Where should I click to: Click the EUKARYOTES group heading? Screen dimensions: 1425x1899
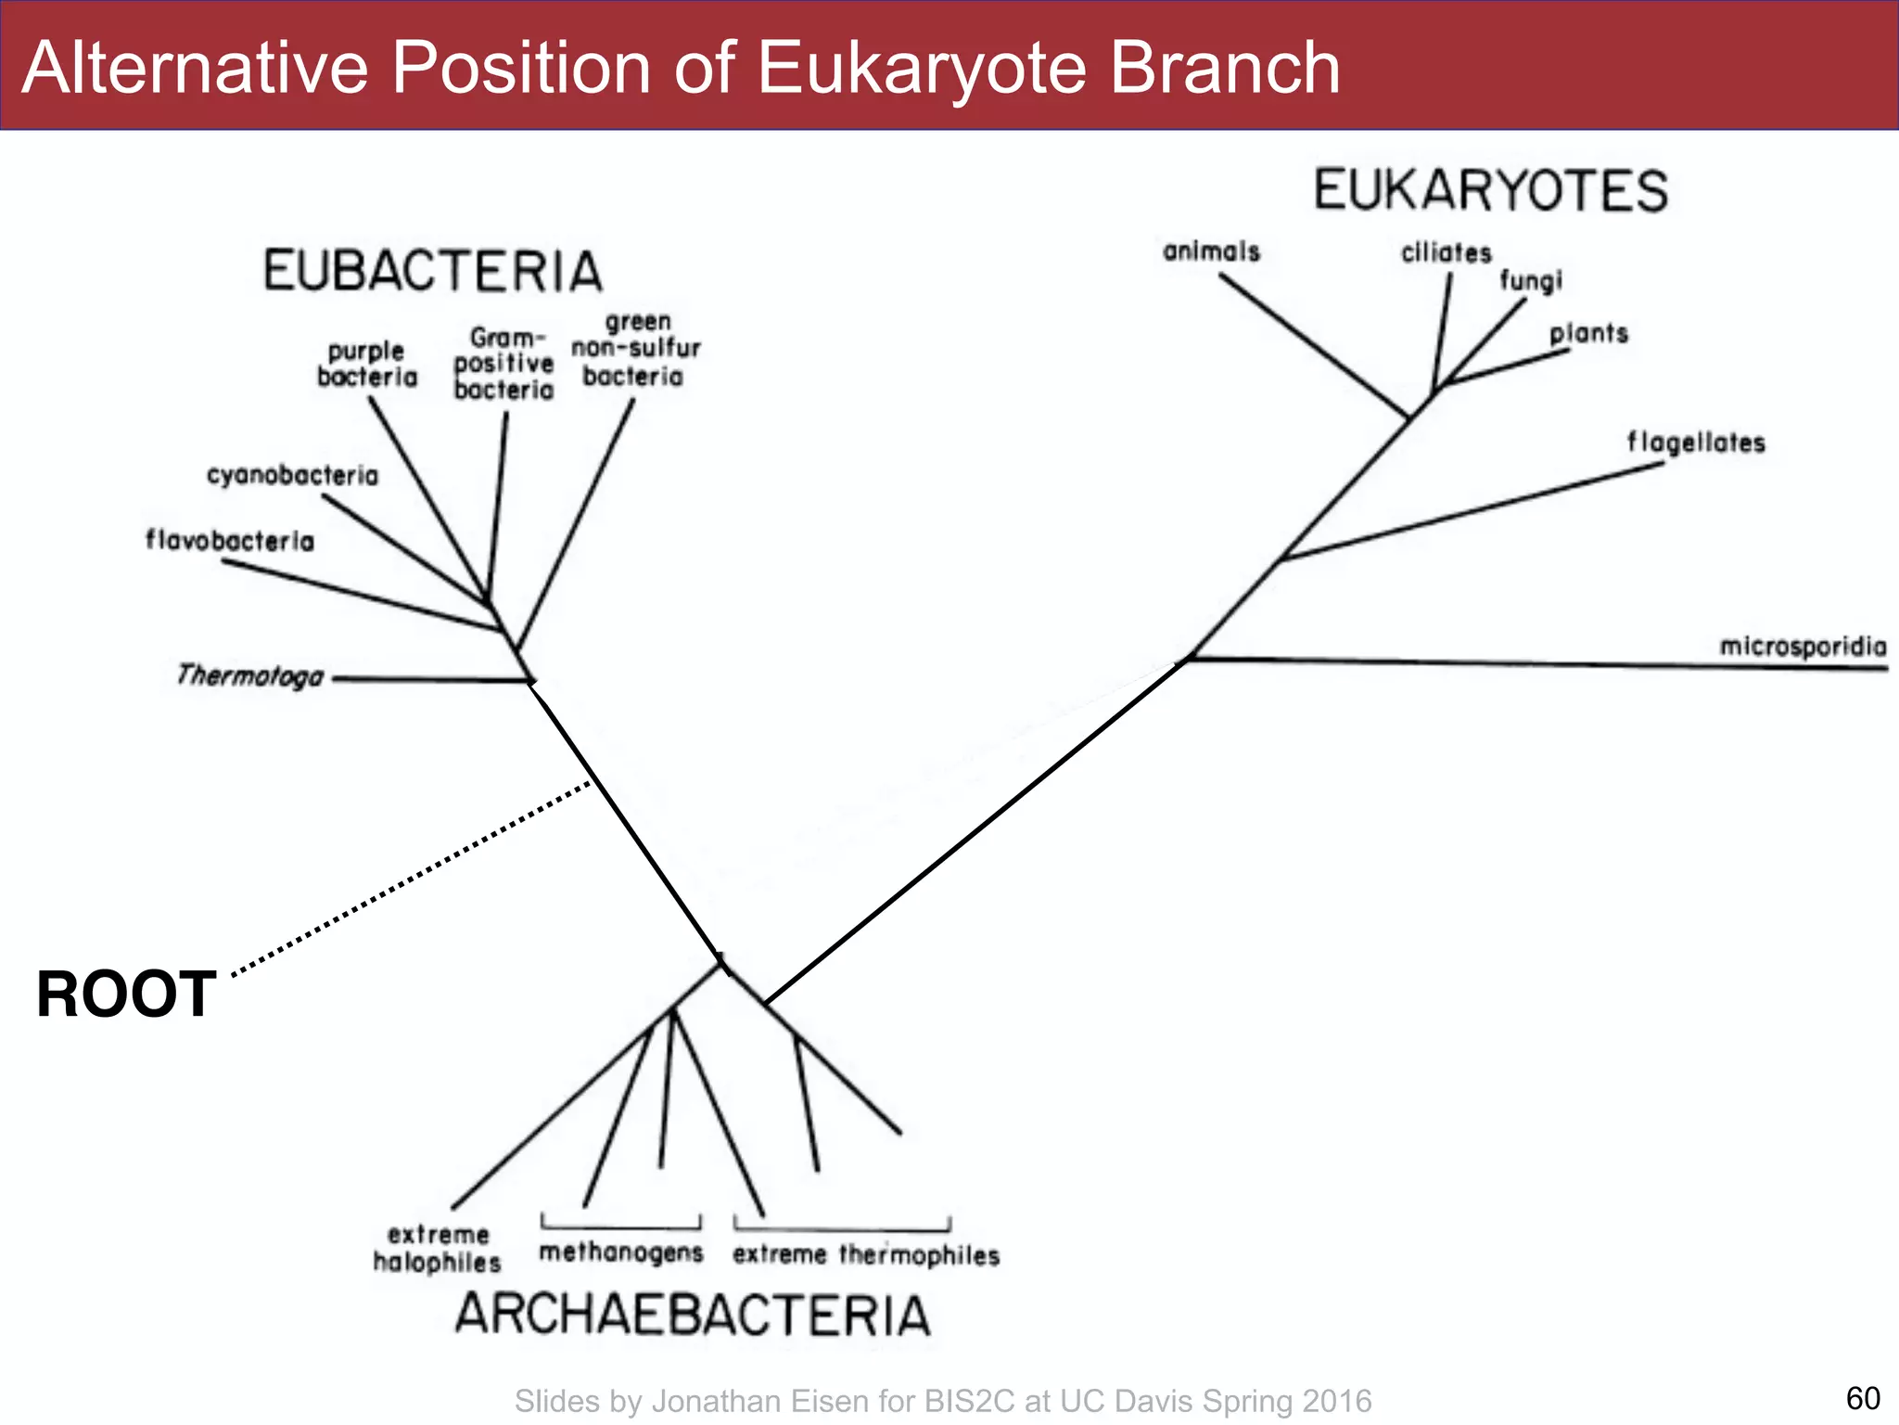click(1490, 190)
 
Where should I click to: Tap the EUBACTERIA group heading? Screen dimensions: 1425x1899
click(433, 271)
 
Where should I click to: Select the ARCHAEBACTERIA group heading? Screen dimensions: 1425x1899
click(692, 1315)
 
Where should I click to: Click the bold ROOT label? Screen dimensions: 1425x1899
click(126, 995)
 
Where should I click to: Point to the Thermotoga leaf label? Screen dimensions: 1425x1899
click(250, 675)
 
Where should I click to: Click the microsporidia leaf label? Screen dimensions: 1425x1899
click(1803, 647)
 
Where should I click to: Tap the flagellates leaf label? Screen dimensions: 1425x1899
click(1696, 443)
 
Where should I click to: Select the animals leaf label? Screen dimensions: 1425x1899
click(1211, 251)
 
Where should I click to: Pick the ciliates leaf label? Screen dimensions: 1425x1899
click(1446, 252)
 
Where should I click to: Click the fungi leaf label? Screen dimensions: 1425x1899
click(1531, 280)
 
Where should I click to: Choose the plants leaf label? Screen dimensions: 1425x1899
click(1588, 333)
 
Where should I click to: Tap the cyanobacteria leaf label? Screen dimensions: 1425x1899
click(292, 476)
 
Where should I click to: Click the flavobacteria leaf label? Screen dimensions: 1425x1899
click(230, 540)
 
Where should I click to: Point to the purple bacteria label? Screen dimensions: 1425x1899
click(367, 364)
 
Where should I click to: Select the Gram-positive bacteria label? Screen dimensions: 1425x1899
click(503, 364)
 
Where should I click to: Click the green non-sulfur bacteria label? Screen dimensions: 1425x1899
click(635, 349)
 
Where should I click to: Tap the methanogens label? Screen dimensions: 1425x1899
click(621, 1252)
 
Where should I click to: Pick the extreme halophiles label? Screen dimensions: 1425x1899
click(437, 1248)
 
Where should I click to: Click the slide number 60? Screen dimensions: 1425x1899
click(1863, 1397)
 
